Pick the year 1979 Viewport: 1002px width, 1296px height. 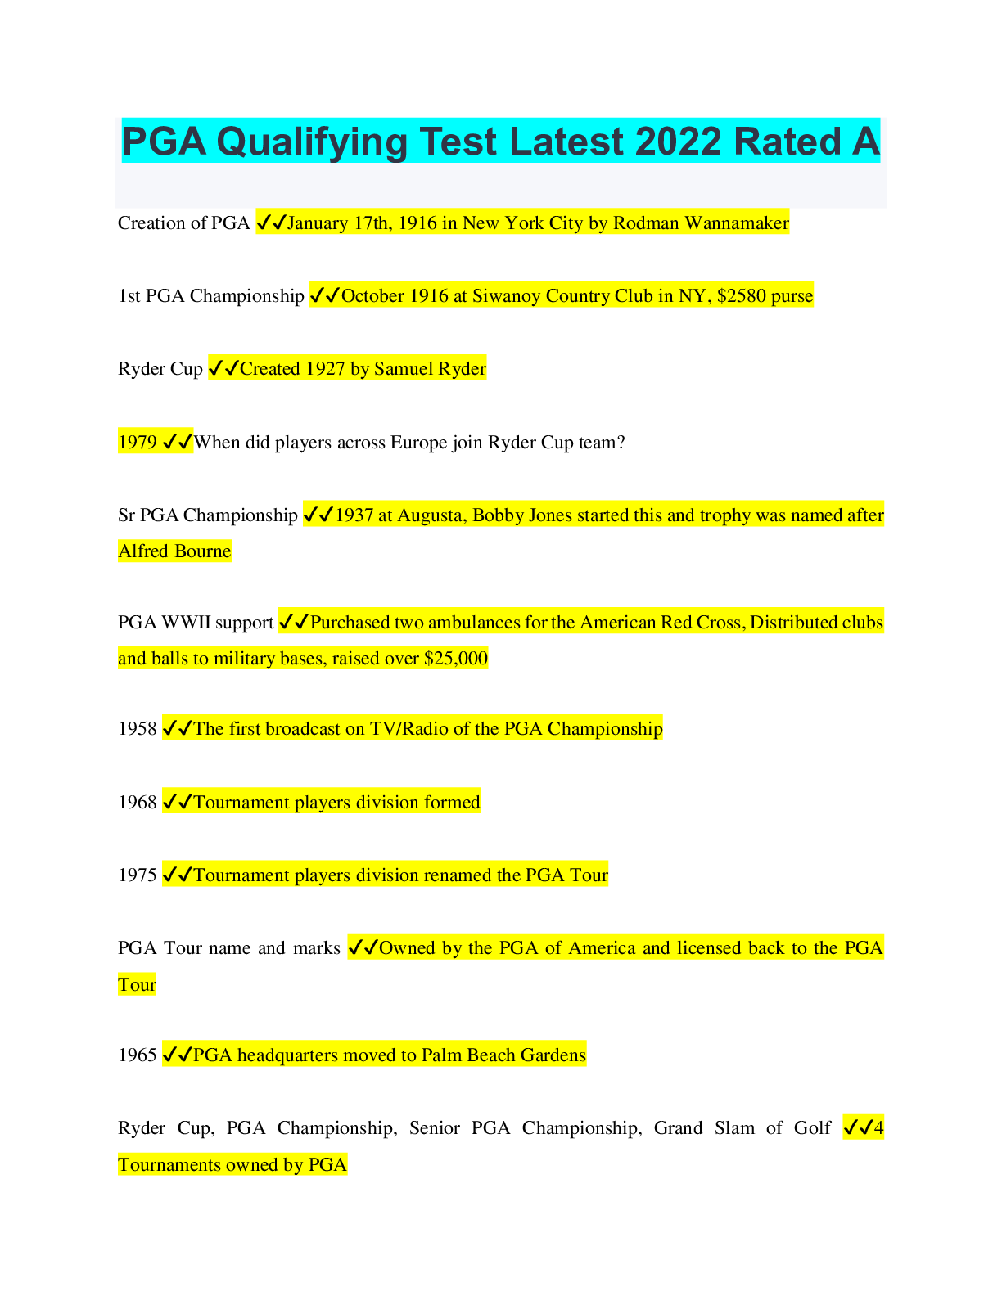pos(138,443)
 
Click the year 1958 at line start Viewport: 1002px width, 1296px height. pos(138,729)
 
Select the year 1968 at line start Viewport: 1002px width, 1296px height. pos(138,803)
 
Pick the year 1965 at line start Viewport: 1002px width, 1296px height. pos(138,1055)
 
